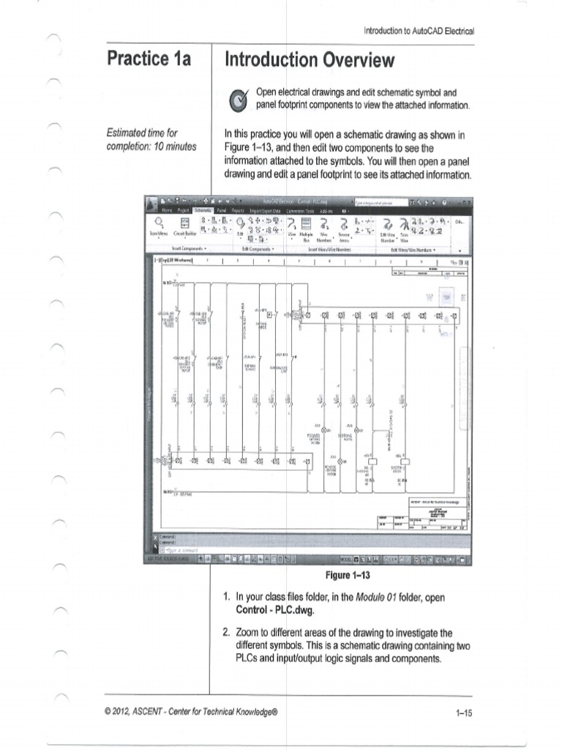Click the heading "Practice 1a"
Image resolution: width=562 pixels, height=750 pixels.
pos(149,59)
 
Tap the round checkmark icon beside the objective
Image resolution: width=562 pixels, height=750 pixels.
pos(239,100)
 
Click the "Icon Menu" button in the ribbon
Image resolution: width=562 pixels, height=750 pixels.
pos(159,233)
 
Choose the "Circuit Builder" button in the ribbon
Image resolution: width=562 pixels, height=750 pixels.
pos(184,233)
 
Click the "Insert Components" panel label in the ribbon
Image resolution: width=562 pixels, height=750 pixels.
pos(187,248)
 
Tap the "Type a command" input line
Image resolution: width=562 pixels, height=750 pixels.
pos(183,548)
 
